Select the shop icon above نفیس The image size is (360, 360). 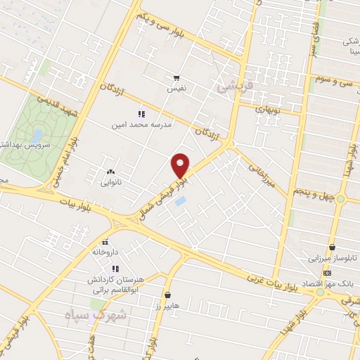click(177, 79)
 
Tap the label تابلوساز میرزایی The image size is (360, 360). click(335, 258)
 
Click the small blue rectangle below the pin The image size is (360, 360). click(181, 202)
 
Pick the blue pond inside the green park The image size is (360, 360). click(37, 133)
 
